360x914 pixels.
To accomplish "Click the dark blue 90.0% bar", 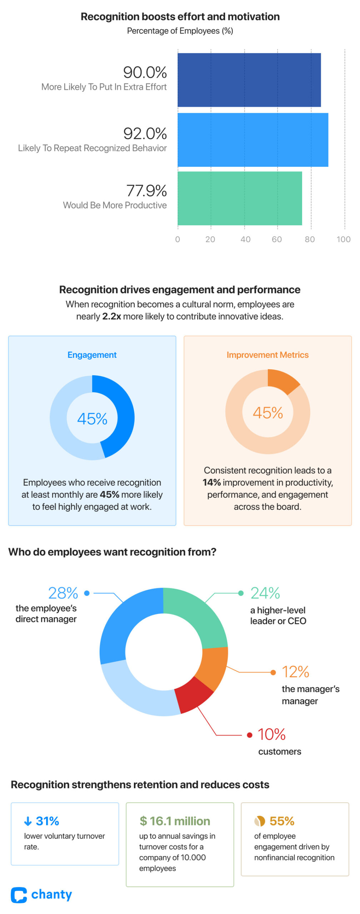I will (x=249, y=80).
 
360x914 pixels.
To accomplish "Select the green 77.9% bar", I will (x=240, y=198).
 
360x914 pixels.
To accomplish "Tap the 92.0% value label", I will (x=145, y=134).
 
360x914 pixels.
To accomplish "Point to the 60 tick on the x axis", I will (x=277, y=239).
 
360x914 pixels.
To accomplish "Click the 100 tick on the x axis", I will (x=343, y=239).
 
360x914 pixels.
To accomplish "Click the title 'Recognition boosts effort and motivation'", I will (x=180, y=16).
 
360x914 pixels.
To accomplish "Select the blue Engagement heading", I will (x=92, y=355).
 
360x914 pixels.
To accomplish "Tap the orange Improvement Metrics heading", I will (x=267, y=355).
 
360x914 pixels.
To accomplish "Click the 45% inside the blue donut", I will (x=92, y=418).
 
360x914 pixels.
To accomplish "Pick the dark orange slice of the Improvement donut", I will (x=282, y=381).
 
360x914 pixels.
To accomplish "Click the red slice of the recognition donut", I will (x=193, y=694).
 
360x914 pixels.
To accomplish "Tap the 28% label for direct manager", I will (x=63, y=593).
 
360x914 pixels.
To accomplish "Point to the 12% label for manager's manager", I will (x=295, y=672).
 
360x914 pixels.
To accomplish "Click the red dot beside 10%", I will (x=250, y=735).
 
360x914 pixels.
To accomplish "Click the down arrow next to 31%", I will (x=28, y=821).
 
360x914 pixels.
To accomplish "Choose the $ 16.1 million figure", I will (x=175, y=821).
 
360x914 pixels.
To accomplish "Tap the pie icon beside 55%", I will (x=260, y=821).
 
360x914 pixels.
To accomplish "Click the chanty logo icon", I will (x=19, y=895).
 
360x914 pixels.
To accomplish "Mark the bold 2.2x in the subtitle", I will (x=111, y=316).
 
